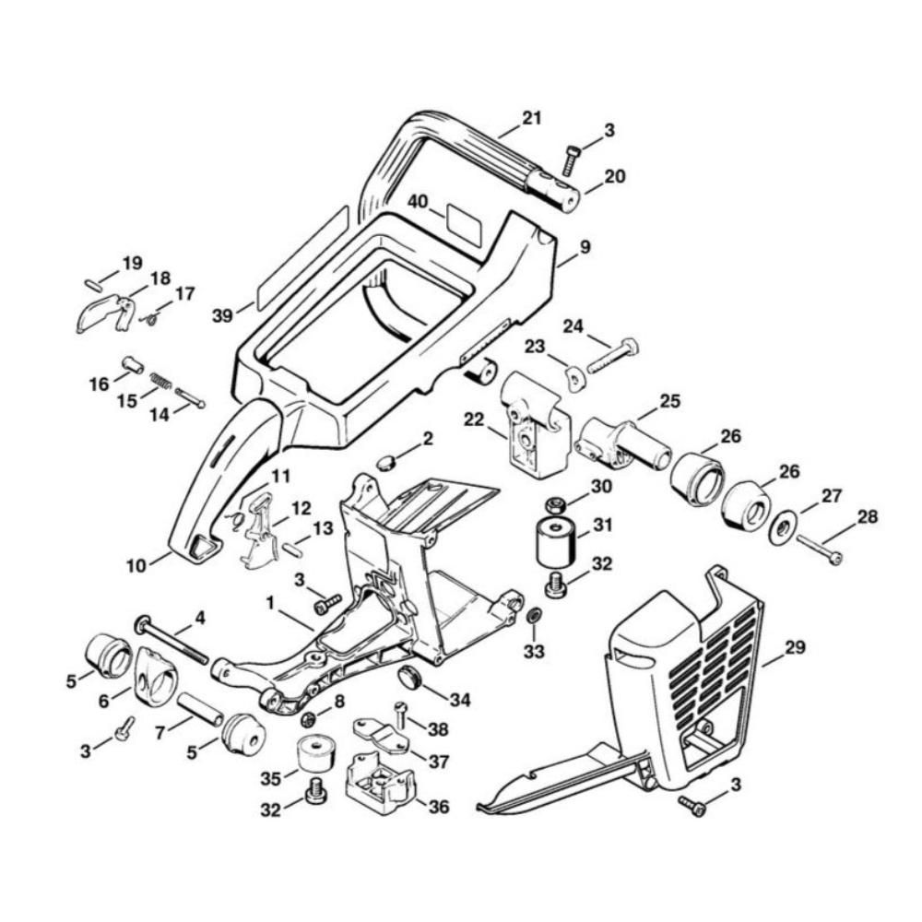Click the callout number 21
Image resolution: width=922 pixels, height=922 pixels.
pyautogui.click(x=532, y=118)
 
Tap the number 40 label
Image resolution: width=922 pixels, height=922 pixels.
pyautogui.click(x=420, y=202)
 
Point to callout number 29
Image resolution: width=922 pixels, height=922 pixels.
pyautogui.click(x=795, y=648)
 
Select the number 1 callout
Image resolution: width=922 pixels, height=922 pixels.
pyautogui.click(x=271, y=602)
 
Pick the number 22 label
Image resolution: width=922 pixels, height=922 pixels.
pyautogui.click(x=474, y=420)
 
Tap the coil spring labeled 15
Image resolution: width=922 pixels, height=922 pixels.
pyautogui.click(x=160, y=379)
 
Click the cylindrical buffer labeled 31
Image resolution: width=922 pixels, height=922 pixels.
pyautogui.click(x=556, y=543)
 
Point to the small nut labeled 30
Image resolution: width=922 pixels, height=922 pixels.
pyautogui.click(x=556, y=504)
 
